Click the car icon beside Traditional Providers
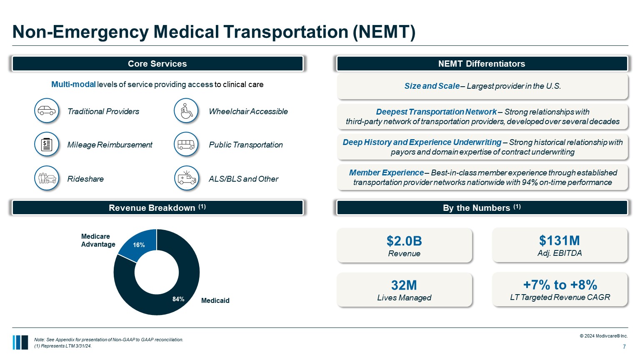[47, 111]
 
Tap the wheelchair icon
[186, 111]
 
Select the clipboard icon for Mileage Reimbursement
[47, 145]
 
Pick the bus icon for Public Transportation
[186, 145]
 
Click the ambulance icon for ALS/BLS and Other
[186, 178]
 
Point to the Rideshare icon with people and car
[47, 178]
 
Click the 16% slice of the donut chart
[139, 245]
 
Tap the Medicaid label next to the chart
[215, 300]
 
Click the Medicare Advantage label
[98, 240]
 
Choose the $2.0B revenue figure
[404, 241]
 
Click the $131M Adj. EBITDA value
[560, 240]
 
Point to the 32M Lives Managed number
[404, 285]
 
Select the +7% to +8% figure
[560, 285]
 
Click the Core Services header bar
[157, 64]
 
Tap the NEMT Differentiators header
[482, 64]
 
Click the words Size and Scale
[432, 86]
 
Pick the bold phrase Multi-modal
[73, 85]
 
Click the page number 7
[624, 347]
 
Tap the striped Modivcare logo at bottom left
[20, 342]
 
